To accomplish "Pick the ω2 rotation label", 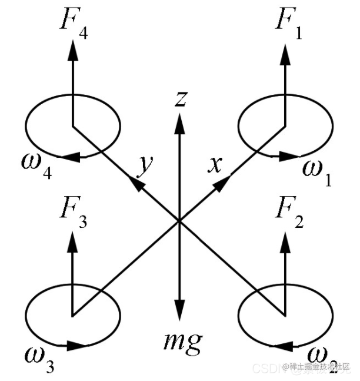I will (321, 358).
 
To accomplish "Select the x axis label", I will (214, 164).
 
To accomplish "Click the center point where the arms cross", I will (179, 221).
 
